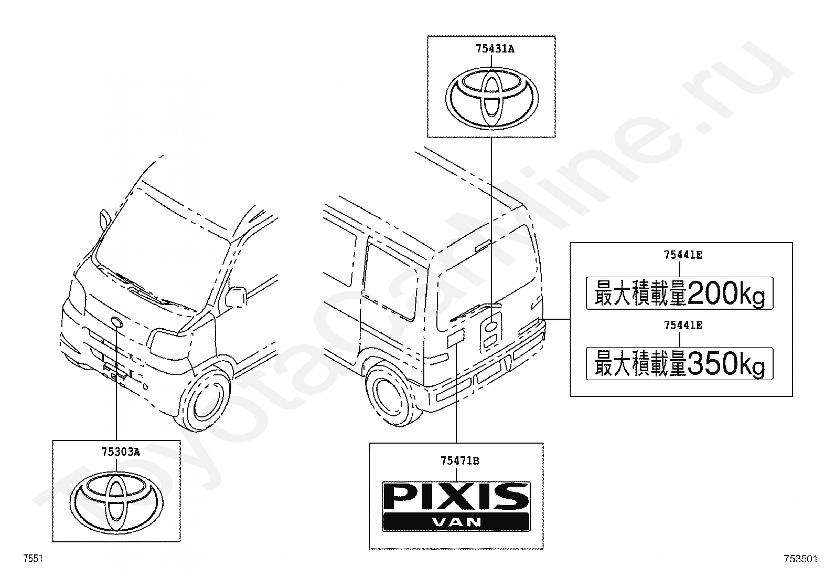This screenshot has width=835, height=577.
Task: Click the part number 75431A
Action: [x=495, y=49]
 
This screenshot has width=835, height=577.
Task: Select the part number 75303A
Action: [x=120, y=451]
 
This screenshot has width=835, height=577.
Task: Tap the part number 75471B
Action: [x=459, y=461]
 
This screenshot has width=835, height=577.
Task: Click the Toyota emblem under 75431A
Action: [x=491, y=98]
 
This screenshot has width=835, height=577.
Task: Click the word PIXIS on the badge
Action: [x=456, y=497]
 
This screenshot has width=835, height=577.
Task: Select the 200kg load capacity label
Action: [x=679, y=293]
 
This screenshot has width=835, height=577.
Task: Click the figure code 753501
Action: [x=800, y=559]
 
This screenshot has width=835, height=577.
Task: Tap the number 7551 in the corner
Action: [x=33, y=559]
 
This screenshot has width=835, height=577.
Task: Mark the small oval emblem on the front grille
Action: [x=116, y=322]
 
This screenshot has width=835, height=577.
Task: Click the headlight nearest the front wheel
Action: [x=169, y=342]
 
